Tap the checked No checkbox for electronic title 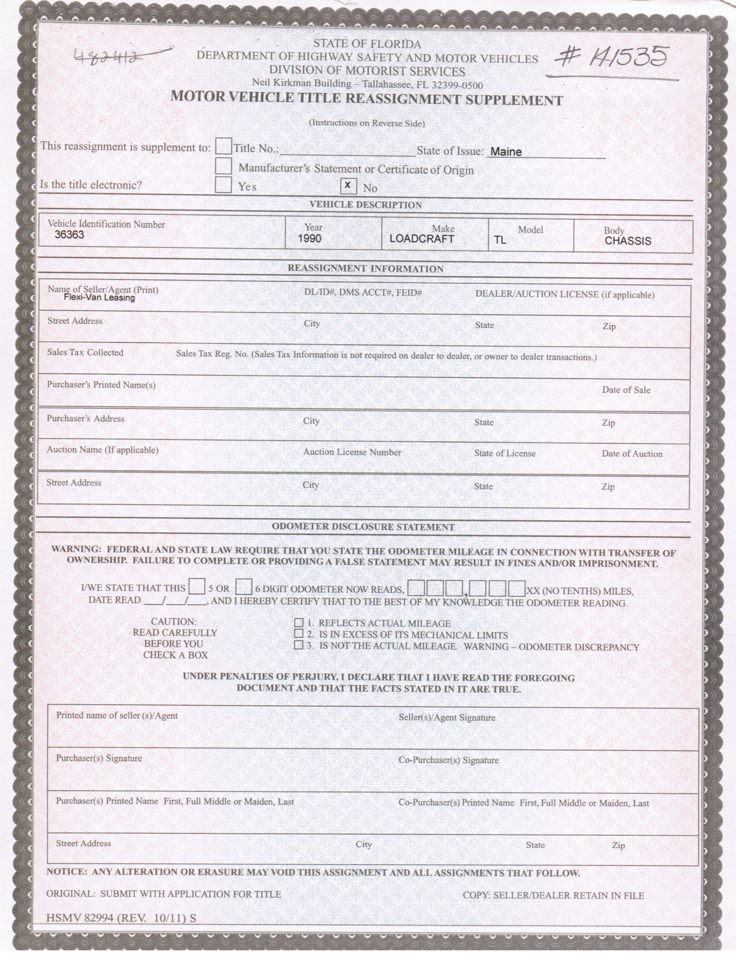point(348,186)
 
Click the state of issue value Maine point(506,152)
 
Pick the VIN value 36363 point(69,235)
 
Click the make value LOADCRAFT point(421,239)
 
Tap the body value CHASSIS point(628,241)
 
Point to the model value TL point(500,240)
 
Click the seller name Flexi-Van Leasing point(99,298)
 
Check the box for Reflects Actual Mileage point(299,623)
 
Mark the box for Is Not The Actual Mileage point(299,645)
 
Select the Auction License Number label point(352,452)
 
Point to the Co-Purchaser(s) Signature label point(448,760)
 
